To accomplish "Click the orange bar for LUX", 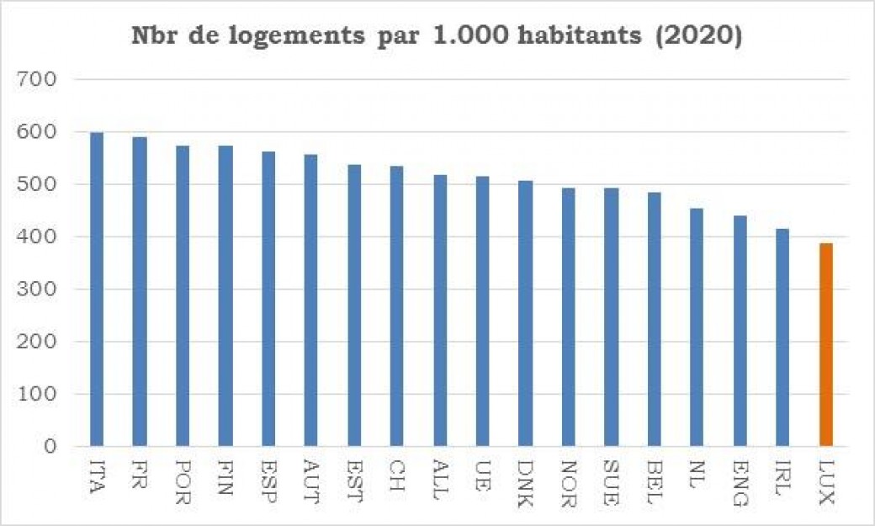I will [825, 344].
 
